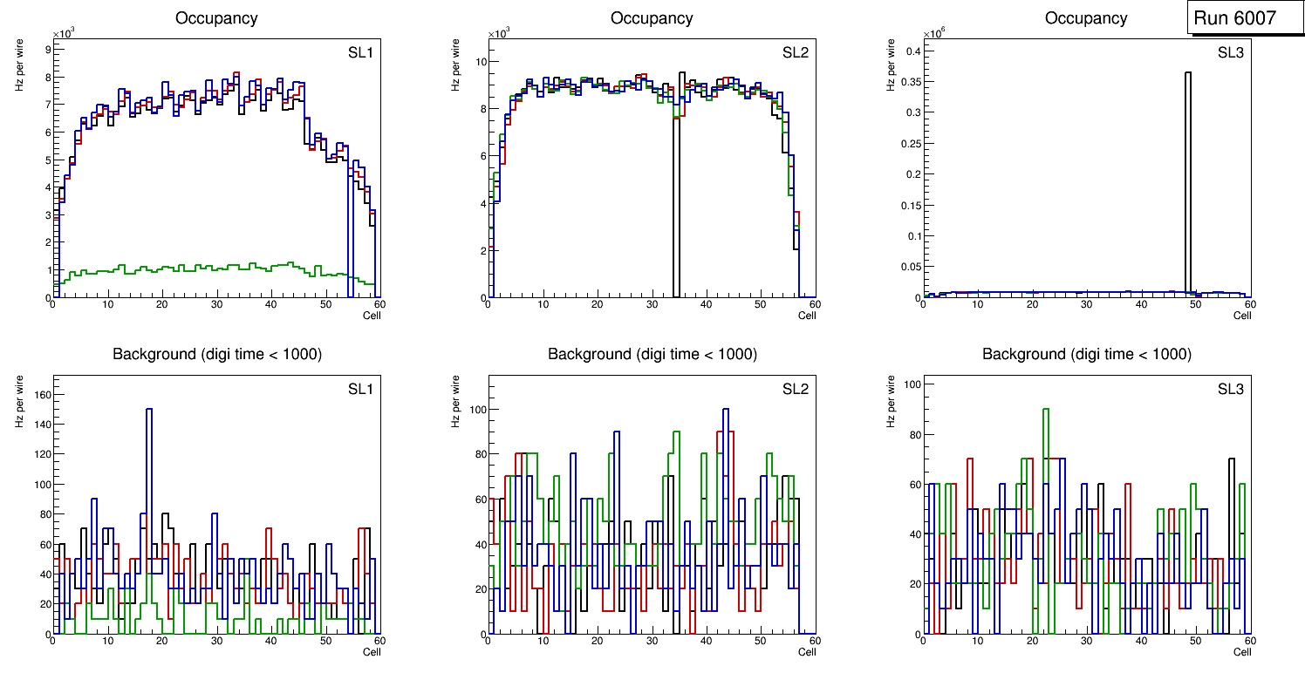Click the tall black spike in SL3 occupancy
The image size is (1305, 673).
tap(1188, 174)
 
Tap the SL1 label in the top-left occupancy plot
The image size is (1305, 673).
tap(360, 52)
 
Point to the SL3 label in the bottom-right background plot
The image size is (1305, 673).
tap(1230, 388)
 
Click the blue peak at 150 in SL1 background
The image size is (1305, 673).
tap(149, 409)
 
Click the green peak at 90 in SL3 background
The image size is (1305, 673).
tap(1046, 409)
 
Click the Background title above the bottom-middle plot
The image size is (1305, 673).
tap(652, 354)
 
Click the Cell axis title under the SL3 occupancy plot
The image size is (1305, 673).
tap(1241, 316)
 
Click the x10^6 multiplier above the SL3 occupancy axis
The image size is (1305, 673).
tap(936, 33)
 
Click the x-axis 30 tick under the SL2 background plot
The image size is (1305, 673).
tap(651, 642)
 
